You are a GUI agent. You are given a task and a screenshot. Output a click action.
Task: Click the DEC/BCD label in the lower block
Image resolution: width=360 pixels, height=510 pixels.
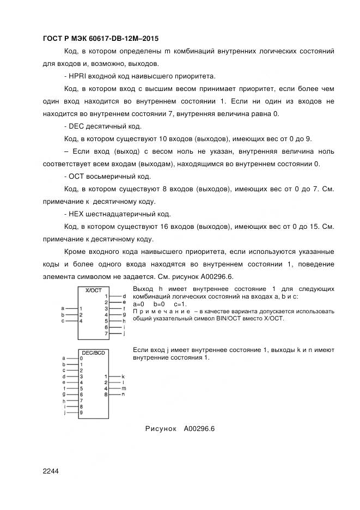[93, 353]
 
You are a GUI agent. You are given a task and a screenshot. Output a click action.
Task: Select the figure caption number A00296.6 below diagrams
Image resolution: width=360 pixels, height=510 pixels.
[200, 429]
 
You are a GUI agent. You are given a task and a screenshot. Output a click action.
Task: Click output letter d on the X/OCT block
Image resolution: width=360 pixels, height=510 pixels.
[125, 295]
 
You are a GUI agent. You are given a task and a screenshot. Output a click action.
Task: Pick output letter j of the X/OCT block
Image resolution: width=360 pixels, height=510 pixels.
[125, 333]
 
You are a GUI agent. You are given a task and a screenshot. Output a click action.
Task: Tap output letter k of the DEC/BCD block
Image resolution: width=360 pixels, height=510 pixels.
[124, 377]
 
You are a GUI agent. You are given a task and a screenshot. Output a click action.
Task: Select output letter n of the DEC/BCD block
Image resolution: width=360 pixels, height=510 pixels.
[124, 394]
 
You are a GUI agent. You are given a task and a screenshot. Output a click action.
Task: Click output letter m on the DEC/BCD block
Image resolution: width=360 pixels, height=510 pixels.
[124, 388]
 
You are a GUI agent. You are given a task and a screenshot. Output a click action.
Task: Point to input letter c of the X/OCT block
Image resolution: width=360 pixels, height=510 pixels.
[63, 321]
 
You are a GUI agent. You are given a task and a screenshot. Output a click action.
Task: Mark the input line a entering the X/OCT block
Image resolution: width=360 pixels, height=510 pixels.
[71, 308]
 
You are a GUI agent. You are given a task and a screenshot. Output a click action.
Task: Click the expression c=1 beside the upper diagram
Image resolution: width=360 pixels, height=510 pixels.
[180, 304]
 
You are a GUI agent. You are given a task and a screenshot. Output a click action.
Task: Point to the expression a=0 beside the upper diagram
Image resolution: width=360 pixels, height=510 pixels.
[138, 304]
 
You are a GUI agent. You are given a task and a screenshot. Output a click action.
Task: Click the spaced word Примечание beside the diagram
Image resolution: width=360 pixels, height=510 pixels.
[161, 311]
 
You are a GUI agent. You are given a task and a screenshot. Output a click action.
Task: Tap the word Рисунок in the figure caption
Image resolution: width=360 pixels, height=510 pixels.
[161, 429]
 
